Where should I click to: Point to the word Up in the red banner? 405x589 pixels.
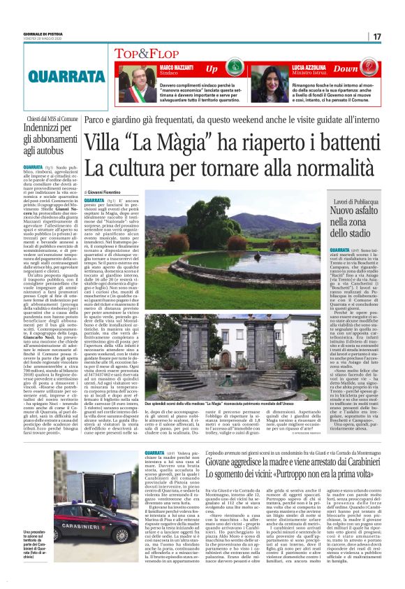tap(211, 69)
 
